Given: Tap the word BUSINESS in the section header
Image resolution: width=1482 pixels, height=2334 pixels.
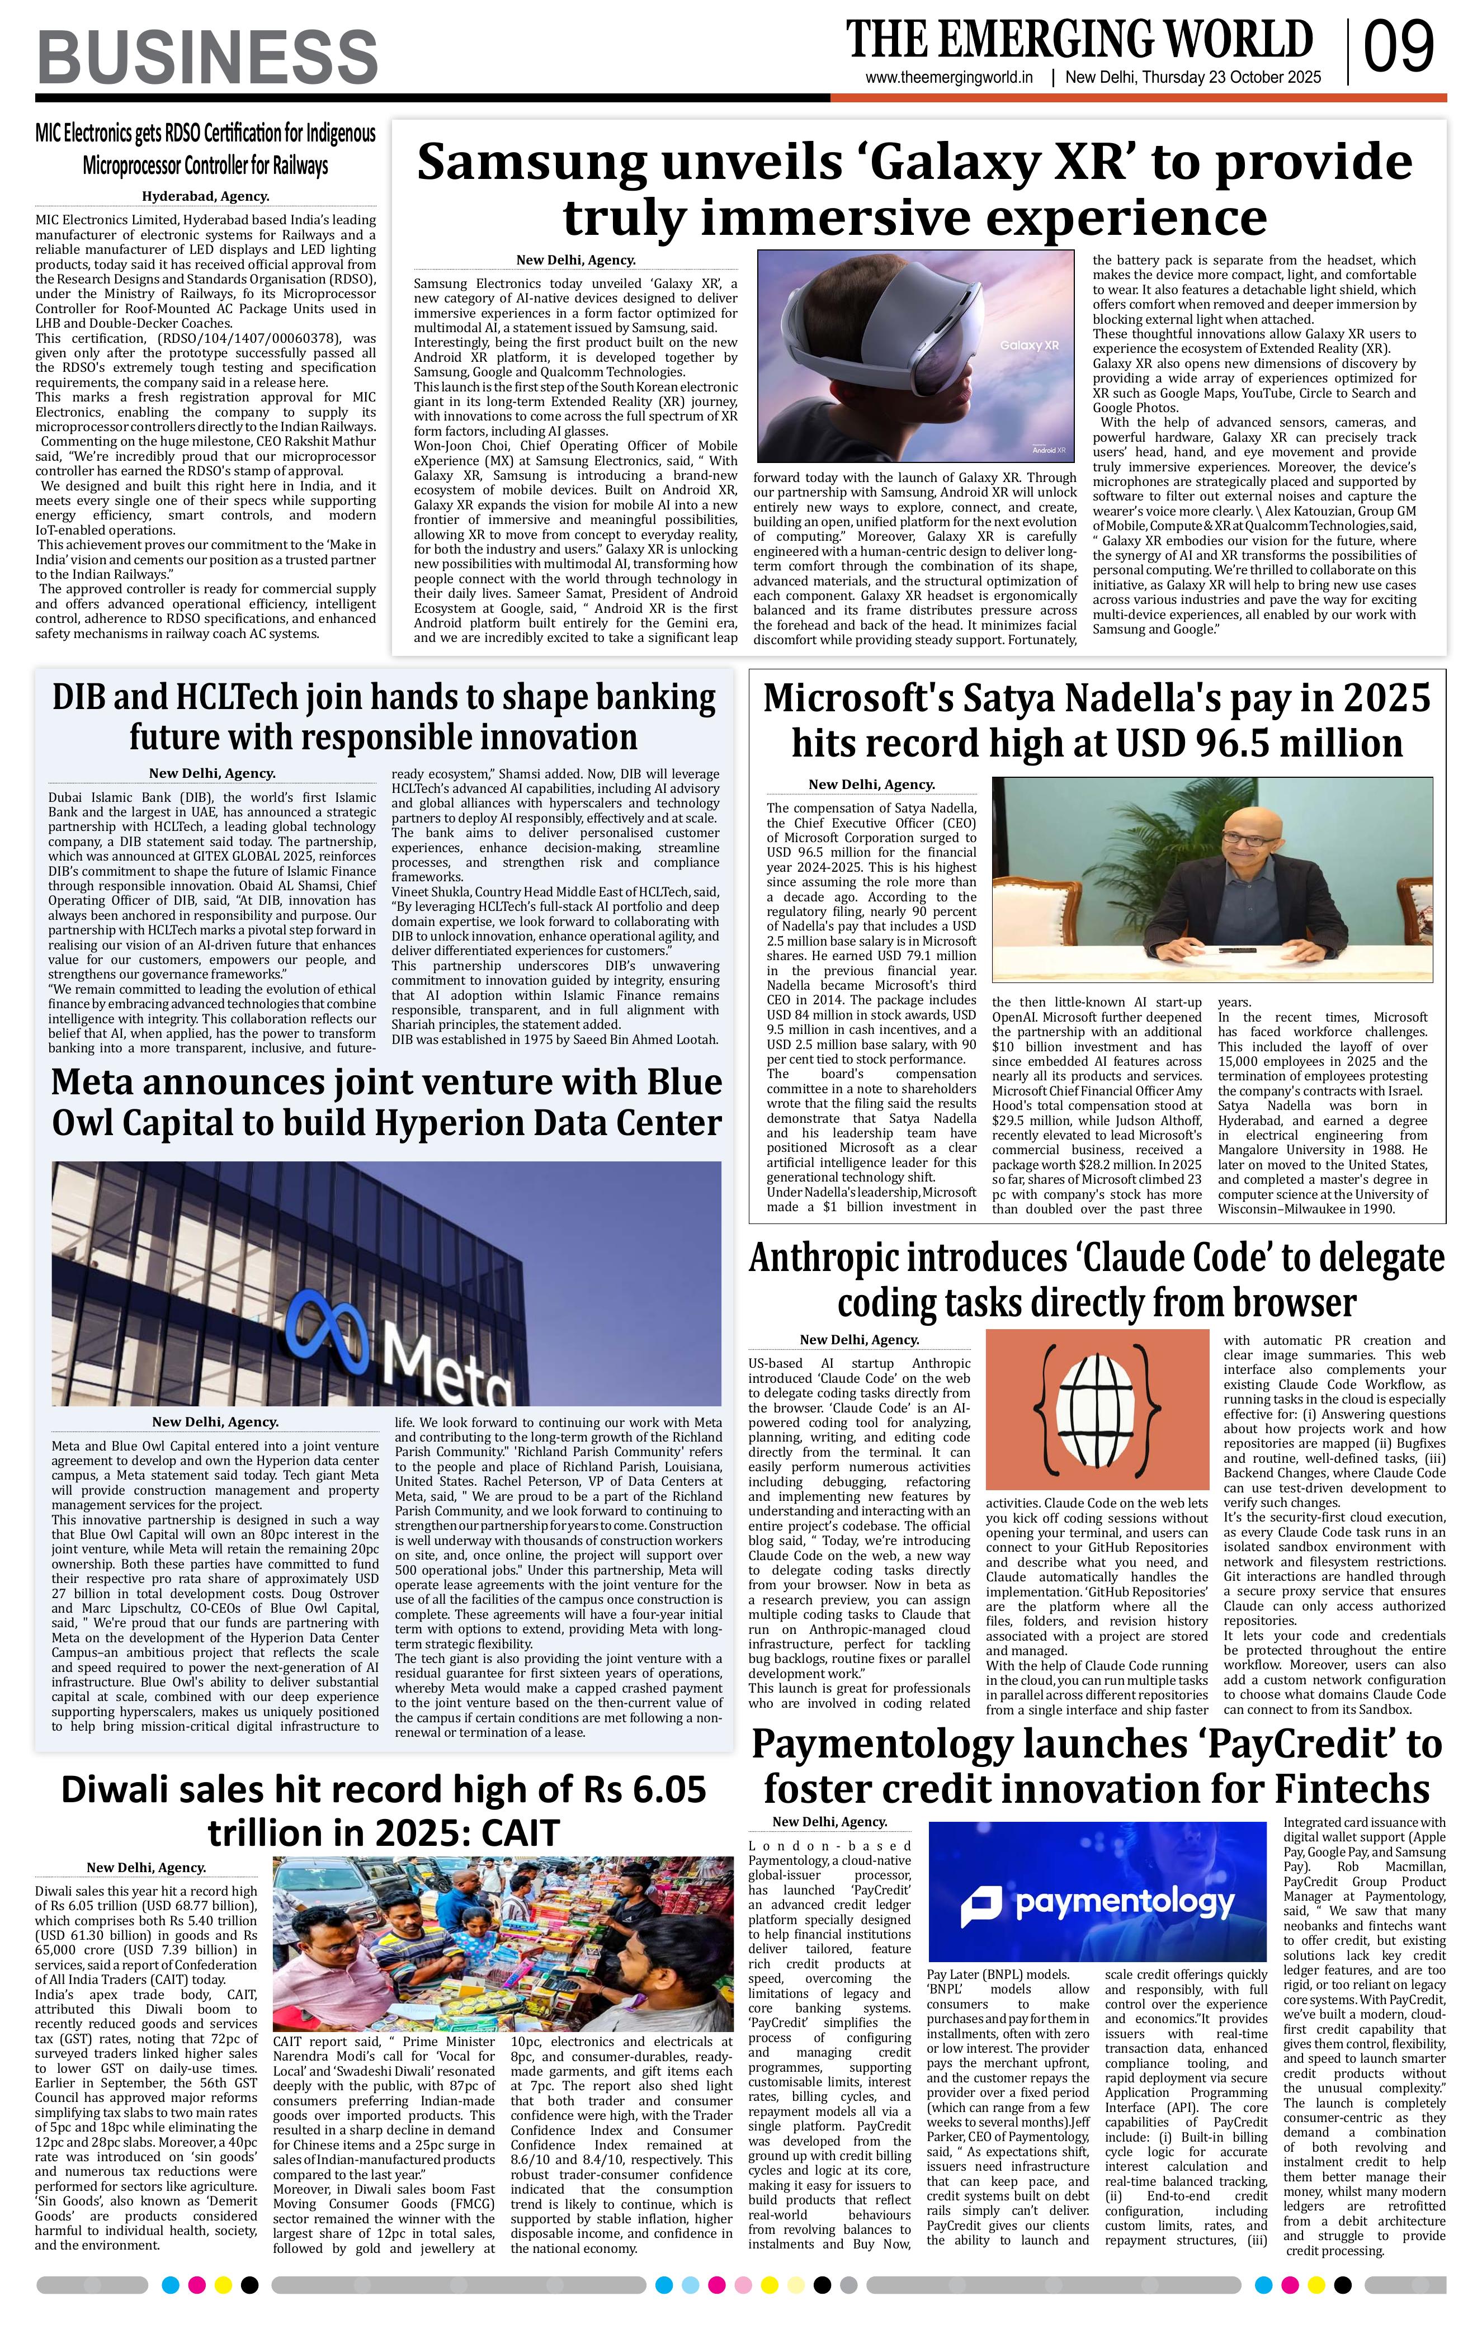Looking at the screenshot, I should pos(207,56).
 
